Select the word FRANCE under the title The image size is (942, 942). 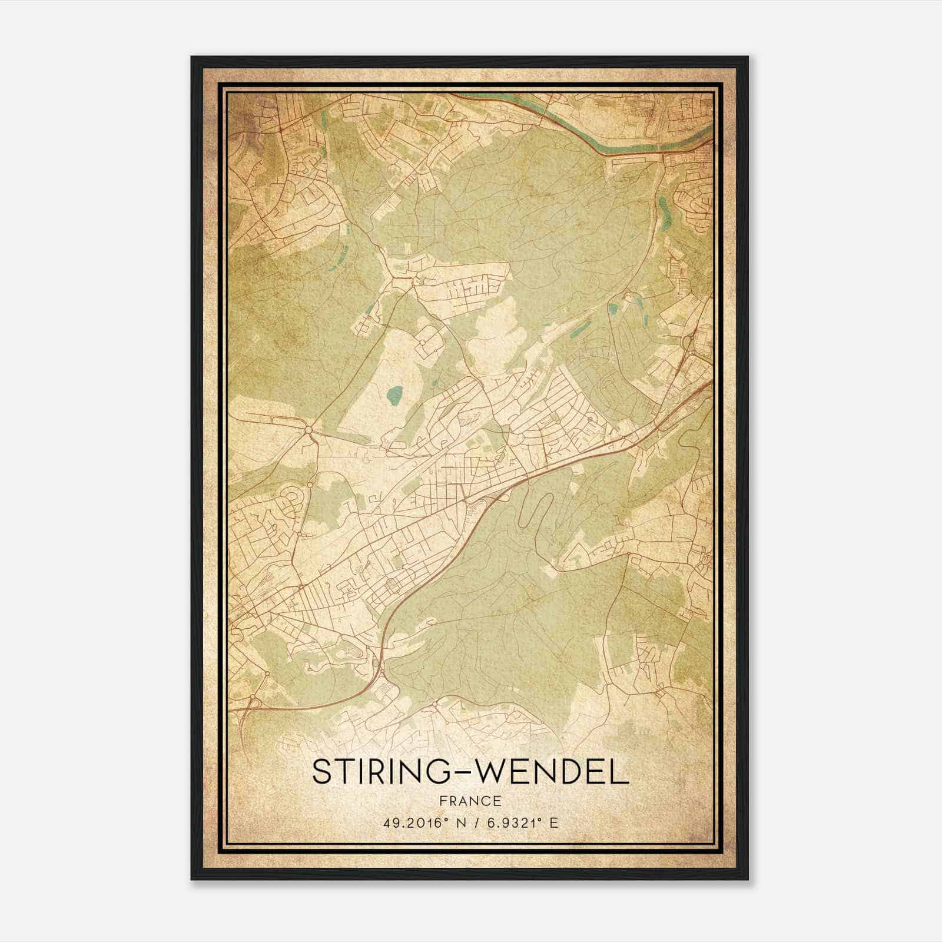pos(470,801)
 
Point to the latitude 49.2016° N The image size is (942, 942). pos(422,823)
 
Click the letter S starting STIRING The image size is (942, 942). pos(321,772)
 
